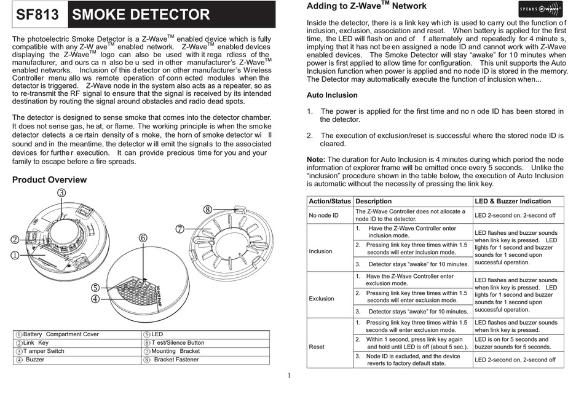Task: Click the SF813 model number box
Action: tap(37, 15)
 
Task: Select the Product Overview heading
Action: tap(50, 179)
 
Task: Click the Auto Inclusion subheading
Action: tap(332, 95)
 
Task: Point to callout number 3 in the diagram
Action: tap(62, 192)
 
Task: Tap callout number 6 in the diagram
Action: tap(143, 238)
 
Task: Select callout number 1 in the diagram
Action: tap(14, 254)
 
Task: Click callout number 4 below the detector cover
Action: tap(95, 299)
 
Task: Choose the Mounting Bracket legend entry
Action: tap(175, 351)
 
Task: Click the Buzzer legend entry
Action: tap(34, 360)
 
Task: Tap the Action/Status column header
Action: tap(330, 201)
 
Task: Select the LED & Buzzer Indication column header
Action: tap(513, 201)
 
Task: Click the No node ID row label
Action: tap(323, 215)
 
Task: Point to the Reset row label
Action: tap(317, 347)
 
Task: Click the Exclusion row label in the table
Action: tap(322, 299)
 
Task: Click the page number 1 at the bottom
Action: tap(289, 376)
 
